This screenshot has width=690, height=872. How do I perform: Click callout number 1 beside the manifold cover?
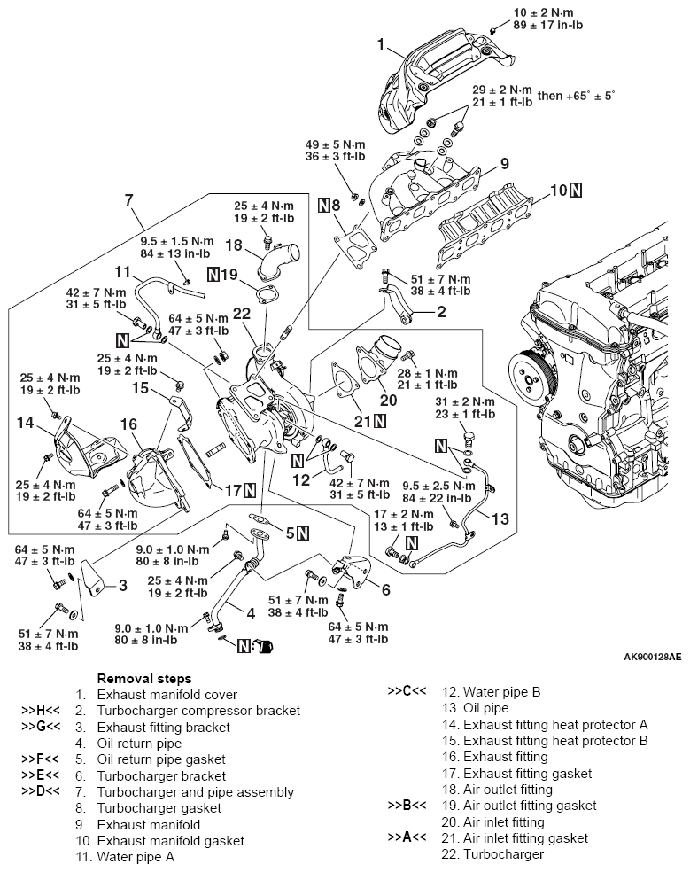coord(381,43)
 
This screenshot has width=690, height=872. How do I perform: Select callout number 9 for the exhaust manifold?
coord(503,163)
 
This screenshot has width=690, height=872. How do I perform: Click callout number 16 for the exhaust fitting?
coord(129,424)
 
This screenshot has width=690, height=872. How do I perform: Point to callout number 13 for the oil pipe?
coord(501,517)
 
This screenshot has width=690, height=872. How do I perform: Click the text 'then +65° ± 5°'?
coord(592,94)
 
